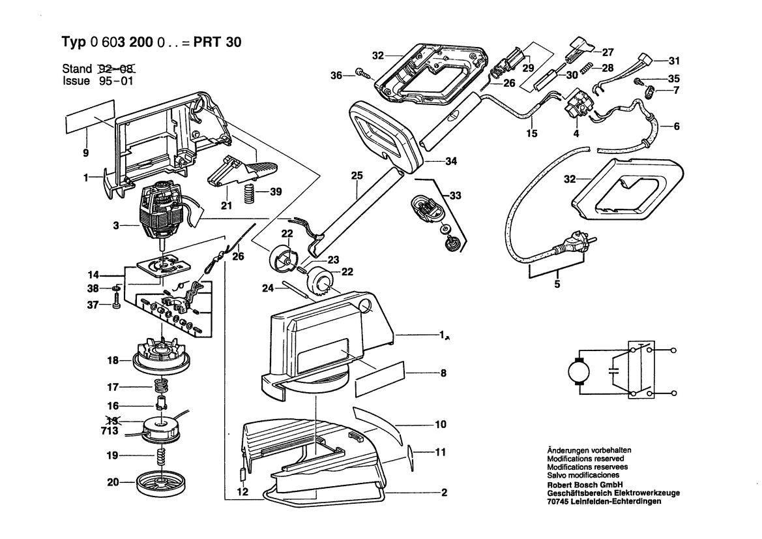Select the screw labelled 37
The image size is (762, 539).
tap(117, 303)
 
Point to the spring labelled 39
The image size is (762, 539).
tap(246, 193)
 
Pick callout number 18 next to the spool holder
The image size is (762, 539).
tap(112, 360)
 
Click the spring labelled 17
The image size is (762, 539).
tap(160, 385)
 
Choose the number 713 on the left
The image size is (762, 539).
tap(109, 431)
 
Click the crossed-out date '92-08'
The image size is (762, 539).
tap(119, 68)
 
